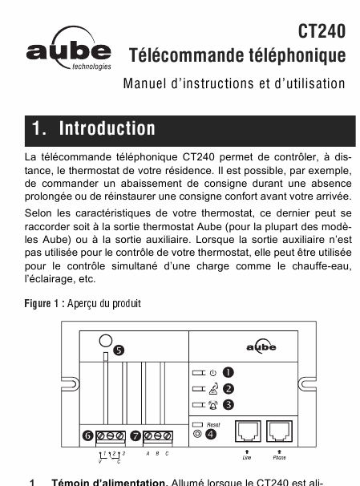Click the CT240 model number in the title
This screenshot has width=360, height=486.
coord(322,31)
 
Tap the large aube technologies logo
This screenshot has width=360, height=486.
coord(69,48)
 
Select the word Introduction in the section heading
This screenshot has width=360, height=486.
coord(107,128)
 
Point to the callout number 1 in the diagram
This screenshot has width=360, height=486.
coord(229,372)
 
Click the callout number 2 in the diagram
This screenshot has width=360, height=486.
coord(229,389)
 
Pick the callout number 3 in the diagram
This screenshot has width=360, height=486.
coord(229,405)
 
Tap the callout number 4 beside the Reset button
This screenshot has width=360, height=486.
coord(211,434)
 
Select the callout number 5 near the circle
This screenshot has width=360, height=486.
coord(119,350)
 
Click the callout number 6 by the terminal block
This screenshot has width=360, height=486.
coord(88,436)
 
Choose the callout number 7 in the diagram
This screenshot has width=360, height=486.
coord(136,436)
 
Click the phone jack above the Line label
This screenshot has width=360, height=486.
coord(248,431)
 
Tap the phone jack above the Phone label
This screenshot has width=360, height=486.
coord(280,431)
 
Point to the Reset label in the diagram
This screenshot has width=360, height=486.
coord(213,425)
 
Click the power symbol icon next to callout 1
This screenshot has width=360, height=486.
coord(212,373)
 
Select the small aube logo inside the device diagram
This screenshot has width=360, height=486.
coord(261,346)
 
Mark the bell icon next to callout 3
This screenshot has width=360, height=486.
coord(213,405)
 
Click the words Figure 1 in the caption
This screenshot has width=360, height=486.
coord(42,303)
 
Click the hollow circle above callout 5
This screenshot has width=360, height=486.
coord(106,341)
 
